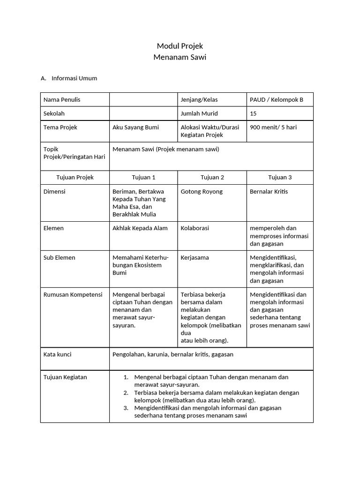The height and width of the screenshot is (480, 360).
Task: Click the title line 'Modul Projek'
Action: point(180,46)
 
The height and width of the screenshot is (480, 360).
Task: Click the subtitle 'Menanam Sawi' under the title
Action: point(180,57)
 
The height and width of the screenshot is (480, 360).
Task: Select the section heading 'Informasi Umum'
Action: point(74,78)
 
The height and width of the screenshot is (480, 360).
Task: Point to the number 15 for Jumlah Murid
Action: point(254,113)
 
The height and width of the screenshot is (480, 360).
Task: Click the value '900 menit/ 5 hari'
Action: point(273,127)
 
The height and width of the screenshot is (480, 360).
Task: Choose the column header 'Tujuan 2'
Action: point(212,177)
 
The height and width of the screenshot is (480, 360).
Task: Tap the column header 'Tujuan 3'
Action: point(280,177)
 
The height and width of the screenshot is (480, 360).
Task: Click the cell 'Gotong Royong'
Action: point(202,191)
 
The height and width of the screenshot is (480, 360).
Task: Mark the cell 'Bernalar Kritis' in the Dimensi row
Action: point(269,191)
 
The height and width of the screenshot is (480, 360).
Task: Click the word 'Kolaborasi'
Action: point(195,228)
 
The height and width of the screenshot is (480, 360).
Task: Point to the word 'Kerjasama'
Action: point(195,258)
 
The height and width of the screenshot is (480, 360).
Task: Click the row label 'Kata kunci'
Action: point(58,354)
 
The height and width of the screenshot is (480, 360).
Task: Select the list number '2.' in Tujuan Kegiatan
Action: point(126,393)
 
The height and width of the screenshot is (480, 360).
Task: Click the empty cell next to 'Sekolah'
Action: point(143,113)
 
